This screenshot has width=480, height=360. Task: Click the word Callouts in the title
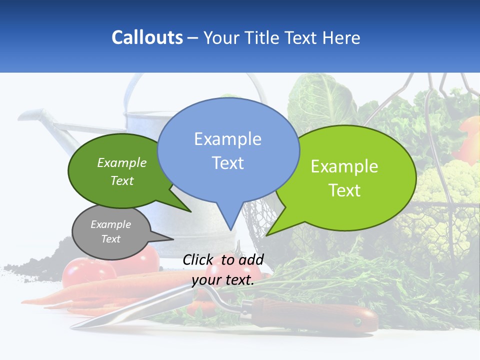pyautogui.click(x=147, y=37)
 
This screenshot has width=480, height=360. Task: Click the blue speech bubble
pyautogui.click(x=228, y=150)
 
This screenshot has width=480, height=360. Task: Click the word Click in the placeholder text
pyautogui.click(x=198, y=260)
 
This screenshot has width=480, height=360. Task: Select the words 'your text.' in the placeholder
pyautogui.click(x=223, y=280)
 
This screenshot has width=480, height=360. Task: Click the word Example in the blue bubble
pyautogui.click(x=227, y=138)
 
